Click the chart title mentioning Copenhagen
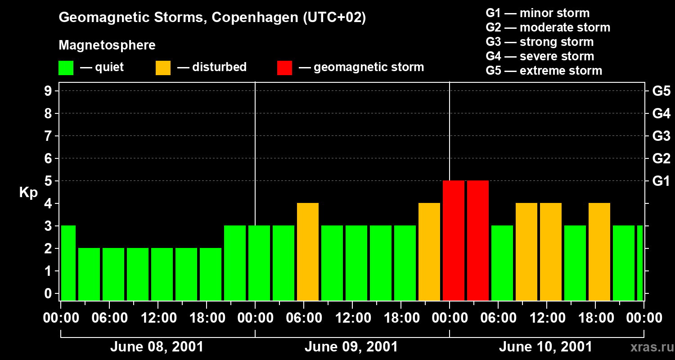pyautogui.click(x=212, y=18)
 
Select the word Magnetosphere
pyautogui.click(x=107, y=45)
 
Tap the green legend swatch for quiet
pyautogui.click(x=66, y=67)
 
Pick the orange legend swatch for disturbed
pyautogui.click(x=163, y=67)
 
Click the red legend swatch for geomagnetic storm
pyautogui.click(x=284, y=67)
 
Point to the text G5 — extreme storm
pyautogui.click(x=544, y=71)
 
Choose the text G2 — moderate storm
pyautogui.click(x=548, y=27)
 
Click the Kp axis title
pyautogui.click(x=28, y=192)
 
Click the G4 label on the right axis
pyautogui.click(x=661, y=113)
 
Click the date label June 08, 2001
pyautogui.click(x=157, y=347)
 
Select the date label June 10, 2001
pyautogui.click(x=545, y=347)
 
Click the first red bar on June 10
pyautogui.click(x=454, y=241)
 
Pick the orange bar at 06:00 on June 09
pyautogui.click(x=308, y=252)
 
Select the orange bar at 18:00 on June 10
pyautogui.click(x=599, y=252)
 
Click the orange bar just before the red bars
pyautogui.click(x=429, y=252)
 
